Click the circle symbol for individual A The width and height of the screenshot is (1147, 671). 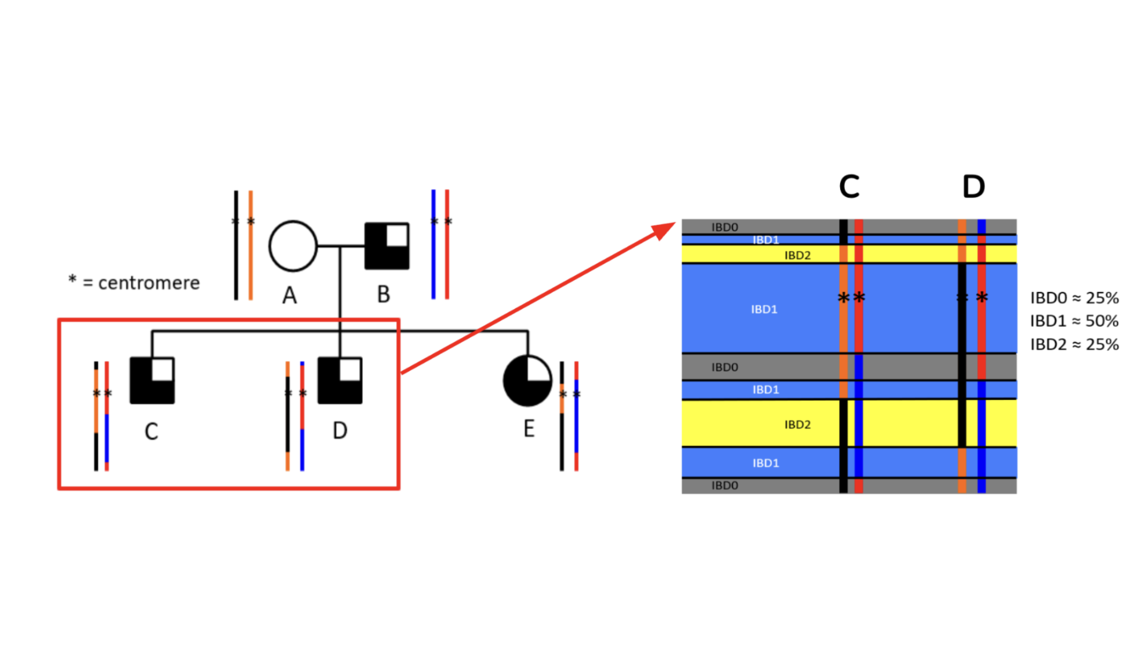(293, 246)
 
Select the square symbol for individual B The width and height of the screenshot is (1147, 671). (387, 246)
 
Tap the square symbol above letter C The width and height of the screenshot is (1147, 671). (152, 380)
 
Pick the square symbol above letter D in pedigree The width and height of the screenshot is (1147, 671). (340, 380)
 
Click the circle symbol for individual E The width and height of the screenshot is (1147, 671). (527, 381)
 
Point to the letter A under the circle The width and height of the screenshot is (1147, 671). (289, 296)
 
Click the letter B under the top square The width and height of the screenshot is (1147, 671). (383, 295)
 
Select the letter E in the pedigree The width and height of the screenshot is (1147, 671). (528, 429)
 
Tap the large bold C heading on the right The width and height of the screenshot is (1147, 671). (849, 187)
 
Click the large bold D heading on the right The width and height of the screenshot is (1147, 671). (973, 187)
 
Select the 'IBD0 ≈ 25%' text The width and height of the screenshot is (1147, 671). (1074, 298)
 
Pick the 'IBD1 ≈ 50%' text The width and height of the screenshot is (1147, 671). (1074, 321)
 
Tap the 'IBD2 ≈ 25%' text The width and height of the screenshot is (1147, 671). (1074, 345)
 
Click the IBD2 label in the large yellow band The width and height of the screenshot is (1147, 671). (797, 425)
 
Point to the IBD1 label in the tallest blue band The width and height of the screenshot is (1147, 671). (764, 309)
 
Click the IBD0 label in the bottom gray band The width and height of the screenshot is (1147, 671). (724, 485)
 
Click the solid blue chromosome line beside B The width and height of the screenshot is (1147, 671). (433, 244)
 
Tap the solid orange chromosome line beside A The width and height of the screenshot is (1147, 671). (250, 244)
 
